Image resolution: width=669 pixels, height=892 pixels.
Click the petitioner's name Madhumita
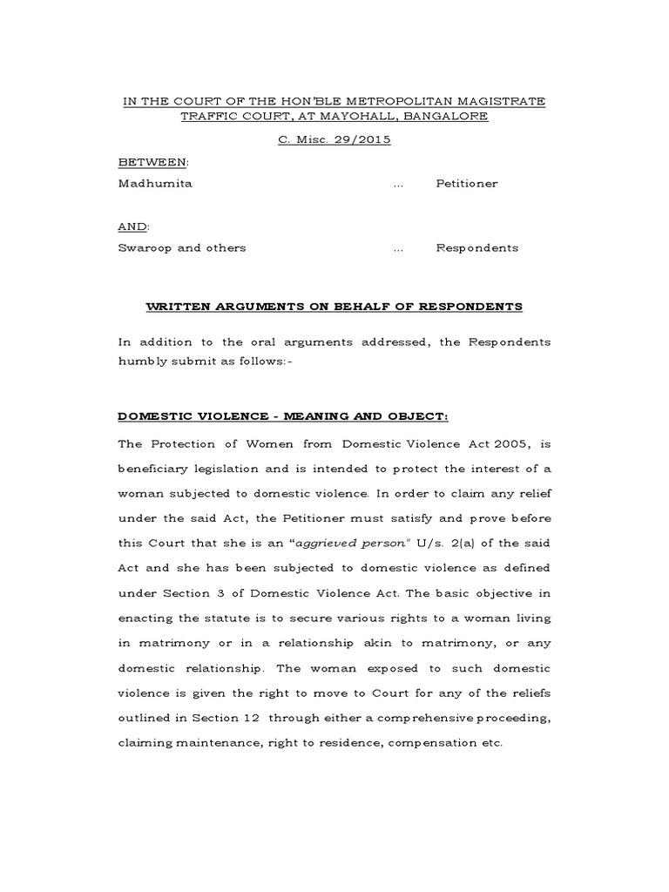click(x=155, y=184)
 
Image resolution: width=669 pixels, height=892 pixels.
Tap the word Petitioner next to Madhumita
click(x=467, y=184)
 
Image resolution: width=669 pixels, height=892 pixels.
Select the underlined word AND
click(x=132, y=226)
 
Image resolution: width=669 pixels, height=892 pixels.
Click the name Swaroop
click(x=145, y=247)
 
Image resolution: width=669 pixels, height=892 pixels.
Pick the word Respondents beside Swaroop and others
click(x=477, y=247)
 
